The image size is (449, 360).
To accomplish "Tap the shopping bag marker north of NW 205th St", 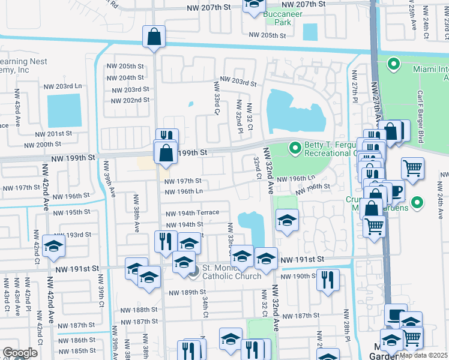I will click(x=154, y=37).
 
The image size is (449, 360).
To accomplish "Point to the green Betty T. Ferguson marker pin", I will click(x=295, y=147).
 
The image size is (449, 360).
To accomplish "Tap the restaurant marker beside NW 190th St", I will click(x=328, y=280).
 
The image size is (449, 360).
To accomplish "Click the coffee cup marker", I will click(x=395, y=191).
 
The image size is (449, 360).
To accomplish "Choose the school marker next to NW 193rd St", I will click(x=53, y=247).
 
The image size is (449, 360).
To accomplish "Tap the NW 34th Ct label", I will click(x=205, y=307).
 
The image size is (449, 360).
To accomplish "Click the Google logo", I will click(x=20, y=353).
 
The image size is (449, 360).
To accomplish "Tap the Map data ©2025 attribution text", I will click(x=423, y=355).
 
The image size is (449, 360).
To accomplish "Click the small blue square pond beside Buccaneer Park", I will click(x=310, y=31).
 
